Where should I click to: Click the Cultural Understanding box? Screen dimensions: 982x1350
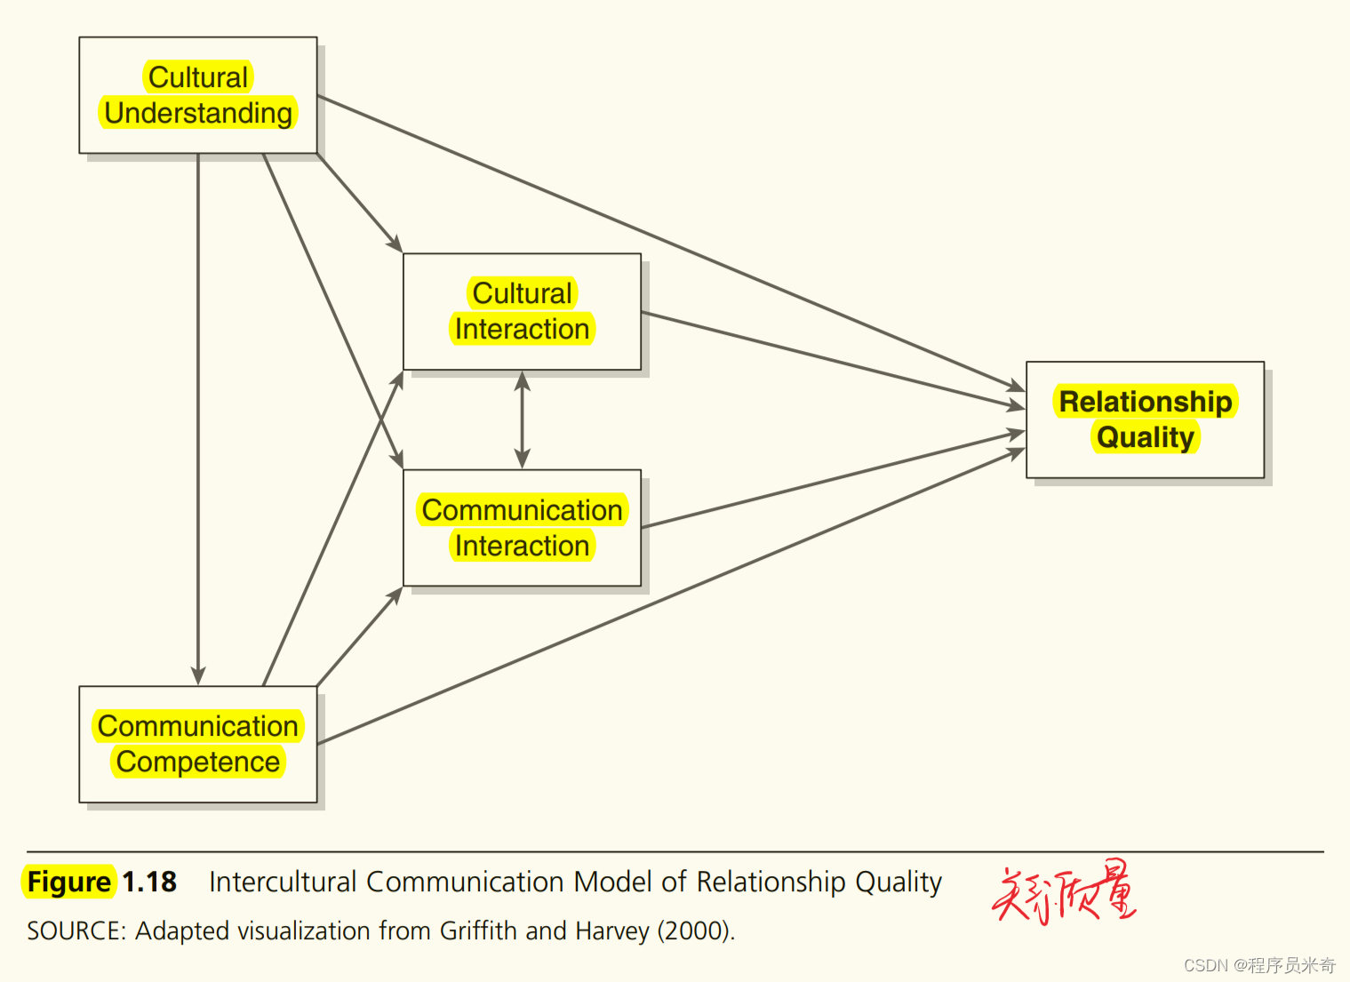(x=197, y=95)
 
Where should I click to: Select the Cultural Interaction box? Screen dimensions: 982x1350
(x=522, y=311)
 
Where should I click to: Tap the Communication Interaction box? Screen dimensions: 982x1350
(x=522, y=527)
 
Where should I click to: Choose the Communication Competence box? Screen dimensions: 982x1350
(x=197, y=744)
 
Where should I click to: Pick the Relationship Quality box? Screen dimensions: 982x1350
(x=1145, y=419)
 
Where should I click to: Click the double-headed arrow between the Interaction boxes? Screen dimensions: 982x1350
(x=523, y=419)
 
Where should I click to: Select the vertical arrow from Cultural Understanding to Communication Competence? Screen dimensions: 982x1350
(x=198, y=418)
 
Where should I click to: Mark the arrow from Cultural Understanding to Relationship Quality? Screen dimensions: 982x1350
(x=667, y=241)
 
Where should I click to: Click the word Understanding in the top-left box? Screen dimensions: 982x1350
(x=198, y=114)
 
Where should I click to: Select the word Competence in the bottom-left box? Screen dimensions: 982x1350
(x=198, y=762)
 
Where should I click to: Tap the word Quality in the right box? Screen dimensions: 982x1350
(x=1145, y=437)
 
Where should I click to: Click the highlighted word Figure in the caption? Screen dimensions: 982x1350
(x=69, y=882)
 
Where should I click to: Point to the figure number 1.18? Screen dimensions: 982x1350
(x=149, y=882)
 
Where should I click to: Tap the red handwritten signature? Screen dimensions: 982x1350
(x=1064, y=892)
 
